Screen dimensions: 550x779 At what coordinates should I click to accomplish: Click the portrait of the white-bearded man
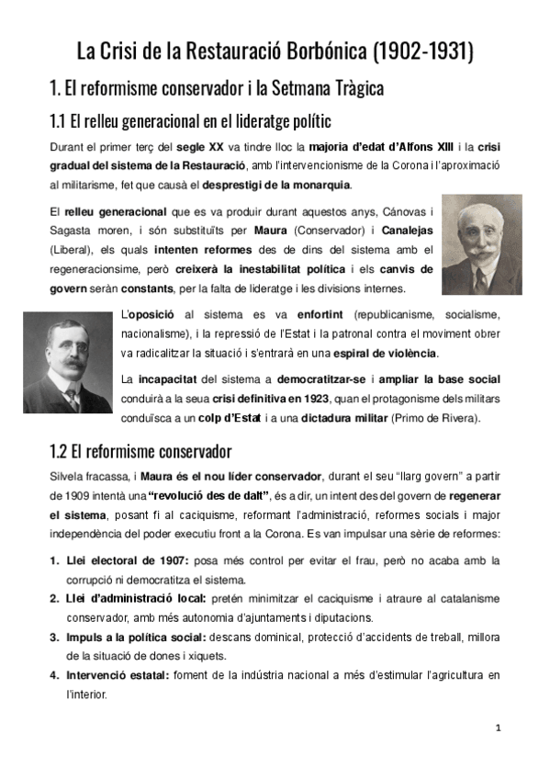482,244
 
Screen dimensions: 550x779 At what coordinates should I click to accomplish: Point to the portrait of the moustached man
67,362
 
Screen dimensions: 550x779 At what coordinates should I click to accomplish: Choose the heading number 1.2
61,451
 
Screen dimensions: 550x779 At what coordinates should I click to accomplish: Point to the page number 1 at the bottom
498,728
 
